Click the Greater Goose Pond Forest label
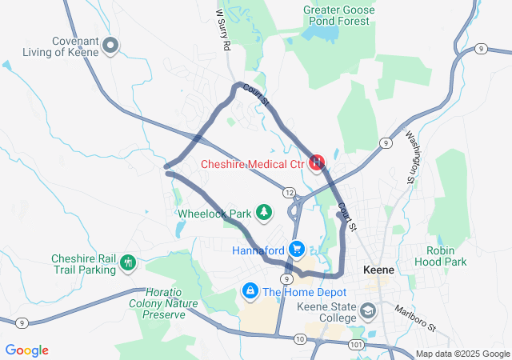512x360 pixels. tap(337, 15)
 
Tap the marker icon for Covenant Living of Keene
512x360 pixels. tap(111, 46)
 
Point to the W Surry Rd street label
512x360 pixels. tap(223, 30)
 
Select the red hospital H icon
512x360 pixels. tap(317, 162)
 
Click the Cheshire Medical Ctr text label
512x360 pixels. tap(253, 165)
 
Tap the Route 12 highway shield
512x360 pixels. tap(289, 192)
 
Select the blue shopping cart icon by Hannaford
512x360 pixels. tap(297, 250)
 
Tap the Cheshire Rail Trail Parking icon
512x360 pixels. tap(128, 262)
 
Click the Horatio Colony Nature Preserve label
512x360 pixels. tap(158, 303)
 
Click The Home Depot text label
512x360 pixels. tap(304, 292)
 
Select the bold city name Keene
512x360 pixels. tap(378, 270)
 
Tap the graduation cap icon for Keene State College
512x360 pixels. tap(369, 310)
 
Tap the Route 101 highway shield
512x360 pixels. tap(355, 344)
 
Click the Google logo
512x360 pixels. tap(27, 350)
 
